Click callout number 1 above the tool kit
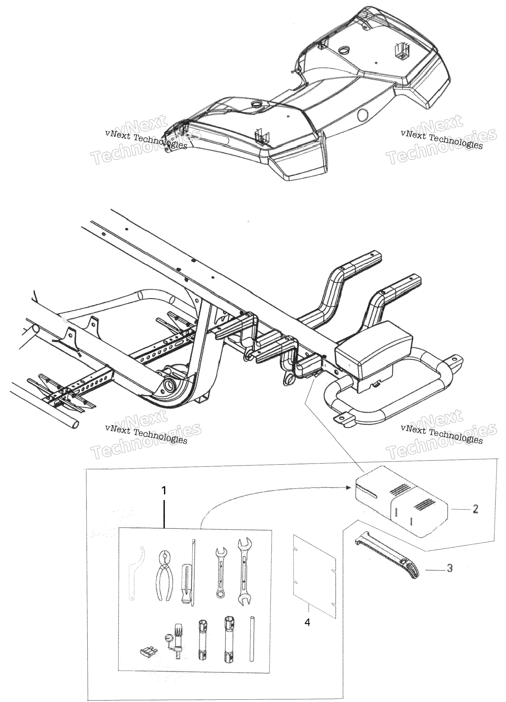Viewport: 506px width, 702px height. [164, 490]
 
